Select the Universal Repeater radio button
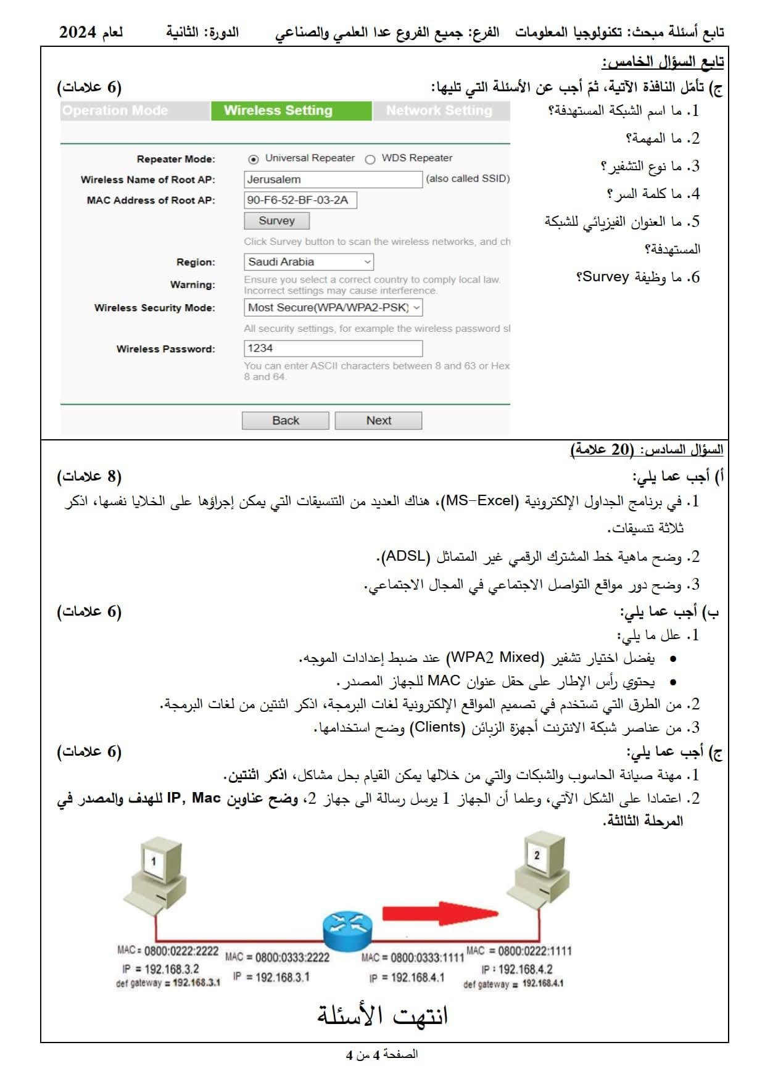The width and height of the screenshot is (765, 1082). coord(253,159)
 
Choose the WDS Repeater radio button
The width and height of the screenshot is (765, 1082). coord(370,159)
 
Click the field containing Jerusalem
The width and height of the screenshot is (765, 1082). coord(333,180)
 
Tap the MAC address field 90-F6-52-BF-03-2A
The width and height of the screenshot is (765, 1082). coord(300,200)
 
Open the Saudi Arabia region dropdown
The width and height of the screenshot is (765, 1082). coord(308,262)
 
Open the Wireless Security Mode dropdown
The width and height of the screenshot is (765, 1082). coord(333,307)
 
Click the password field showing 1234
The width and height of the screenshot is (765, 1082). coord(333,348)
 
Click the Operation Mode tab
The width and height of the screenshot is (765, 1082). coord(115,111)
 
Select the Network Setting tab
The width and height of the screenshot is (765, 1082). coord(439,111)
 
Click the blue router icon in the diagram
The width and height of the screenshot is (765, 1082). coord(347,930)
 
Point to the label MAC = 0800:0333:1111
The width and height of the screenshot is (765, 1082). coord(412,957)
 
